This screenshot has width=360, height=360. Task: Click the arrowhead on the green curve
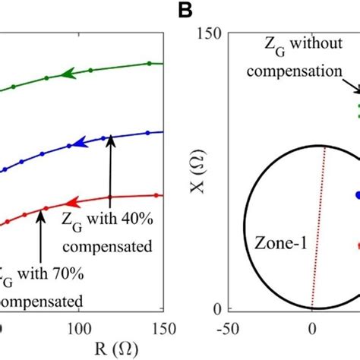coord(69,74)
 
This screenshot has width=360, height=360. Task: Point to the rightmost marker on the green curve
coord(149,63)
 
